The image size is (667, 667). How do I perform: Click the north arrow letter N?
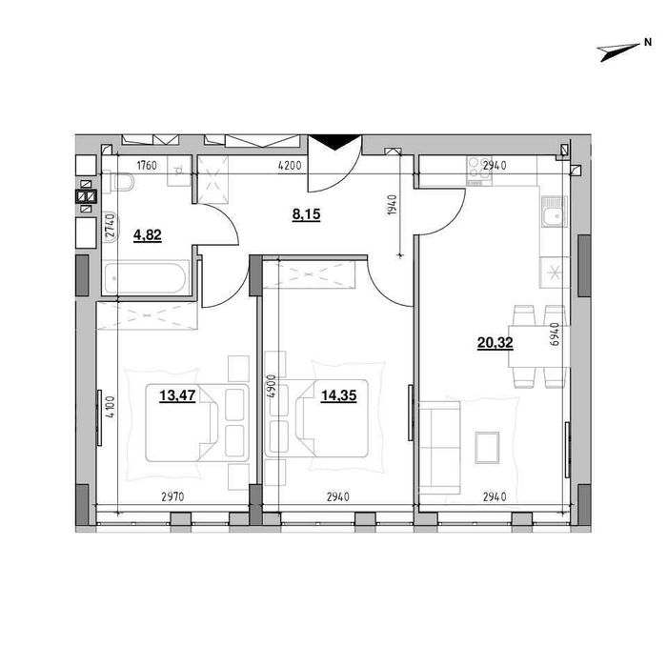coord(648,42)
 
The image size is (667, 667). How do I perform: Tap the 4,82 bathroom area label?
coord(148,234)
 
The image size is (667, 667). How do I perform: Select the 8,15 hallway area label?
coord(306,214)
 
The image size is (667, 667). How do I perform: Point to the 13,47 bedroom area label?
coord(177,395)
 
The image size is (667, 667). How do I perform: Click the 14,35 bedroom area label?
coord(338,395)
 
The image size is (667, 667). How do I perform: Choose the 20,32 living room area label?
coord(495,342)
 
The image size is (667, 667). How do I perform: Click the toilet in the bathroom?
coord(119,182)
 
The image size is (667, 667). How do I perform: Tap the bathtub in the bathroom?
coord(146,278)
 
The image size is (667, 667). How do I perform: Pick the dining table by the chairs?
coord(538,346)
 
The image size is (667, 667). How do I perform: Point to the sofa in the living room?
coord(440,448)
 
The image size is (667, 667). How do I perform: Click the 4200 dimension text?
coord(290,166)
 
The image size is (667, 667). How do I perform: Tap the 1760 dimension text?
coord(147,166)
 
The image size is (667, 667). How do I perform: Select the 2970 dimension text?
coord(172,496)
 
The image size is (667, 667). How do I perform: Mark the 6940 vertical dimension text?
coord(555,334)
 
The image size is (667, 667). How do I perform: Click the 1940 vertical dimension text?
coord(393,204)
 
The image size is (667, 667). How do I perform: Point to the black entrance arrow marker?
coord(334,142)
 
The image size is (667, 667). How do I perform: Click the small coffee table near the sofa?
coord(488,448)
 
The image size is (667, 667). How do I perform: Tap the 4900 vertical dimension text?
coord(271,386)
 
